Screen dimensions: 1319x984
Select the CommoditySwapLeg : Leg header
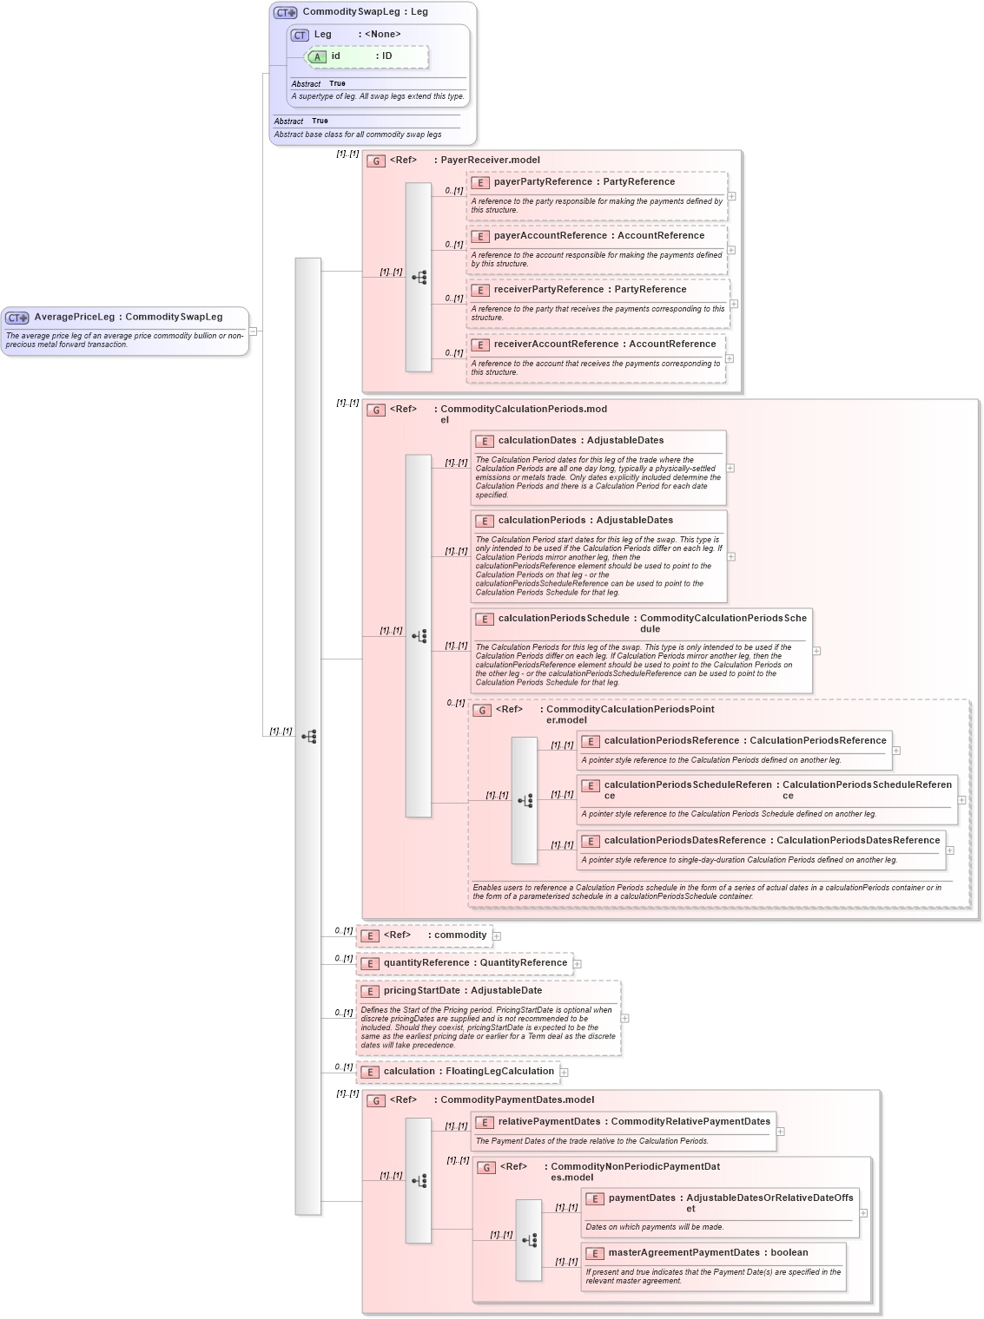coord(365,12)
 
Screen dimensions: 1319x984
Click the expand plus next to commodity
coord(497,936)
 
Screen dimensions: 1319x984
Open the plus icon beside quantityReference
coord(578,964)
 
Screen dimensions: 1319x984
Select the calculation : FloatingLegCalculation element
coord(468,1072)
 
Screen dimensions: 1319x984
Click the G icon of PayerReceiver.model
coord(376,161)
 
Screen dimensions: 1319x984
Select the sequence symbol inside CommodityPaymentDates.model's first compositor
coord(419,1181)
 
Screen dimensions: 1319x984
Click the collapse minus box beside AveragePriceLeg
coord(253,331)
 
